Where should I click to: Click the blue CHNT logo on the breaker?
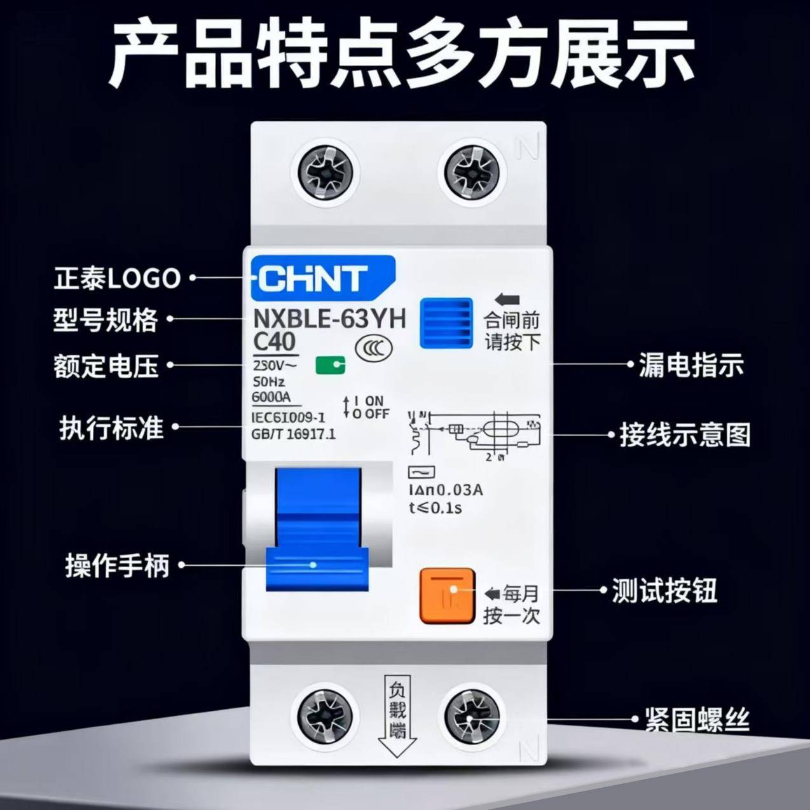(322, 278)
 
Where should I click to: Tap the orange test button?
(447, 596)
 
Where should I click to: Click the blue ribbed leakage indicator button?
(446, 323)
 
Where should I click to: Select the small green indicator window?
(331, 365)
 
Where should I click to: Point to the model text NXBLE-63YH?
(329, 318)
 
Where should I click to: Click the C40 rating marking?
(274, 341)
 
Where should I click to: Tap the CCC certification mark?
(374, 347)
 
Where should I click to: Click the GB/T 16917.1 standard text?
(294, 434)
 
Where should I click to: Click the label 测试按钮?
(664, 591)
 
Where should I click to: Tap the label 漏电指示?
(691, 365)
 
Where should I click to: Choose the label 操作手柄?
(118, 565)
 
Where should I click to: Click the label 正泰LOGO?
(117, 278)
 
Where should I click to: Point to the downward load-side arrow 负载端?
(397, 715)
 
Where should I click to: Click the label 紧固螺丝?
(697, 720)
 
